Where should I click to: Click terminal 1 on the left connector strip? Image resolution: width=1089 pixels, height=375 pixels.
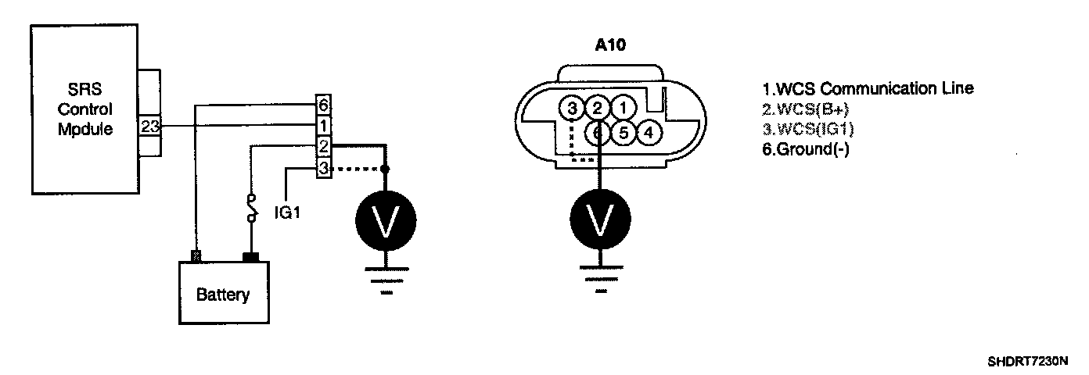coord(322,125)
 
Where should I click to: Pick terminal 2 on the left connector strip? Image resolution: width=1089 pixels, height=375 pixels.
coord(322,146)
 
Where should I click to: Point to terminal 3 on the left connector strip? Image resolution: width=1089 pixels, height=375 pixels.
coord(322,167)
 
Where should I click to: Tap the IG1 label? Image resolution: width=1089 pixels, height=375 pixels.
coord(287,211)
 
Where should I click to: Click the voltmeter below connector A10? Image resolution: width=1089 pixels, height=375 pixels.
coord(599,221)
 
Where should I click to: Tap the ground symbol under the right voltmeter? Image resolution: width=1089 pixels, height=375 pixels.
coord(599,281)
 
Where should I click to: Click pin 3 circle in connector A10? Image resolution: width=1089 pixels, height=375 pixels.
coord(573,107)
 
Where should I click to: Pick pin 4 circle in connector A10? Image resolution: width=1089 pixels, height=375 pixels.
coord(648,132)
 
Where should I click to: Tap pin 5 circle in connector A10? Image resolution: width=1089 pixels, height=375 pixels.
coord(624,132)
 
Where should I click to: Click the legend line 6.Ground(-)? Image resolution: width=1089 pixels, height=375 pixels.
coord(806,149)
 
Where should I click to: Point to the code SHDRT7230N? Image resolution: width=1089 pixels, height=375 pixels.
coord(1026,362)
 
